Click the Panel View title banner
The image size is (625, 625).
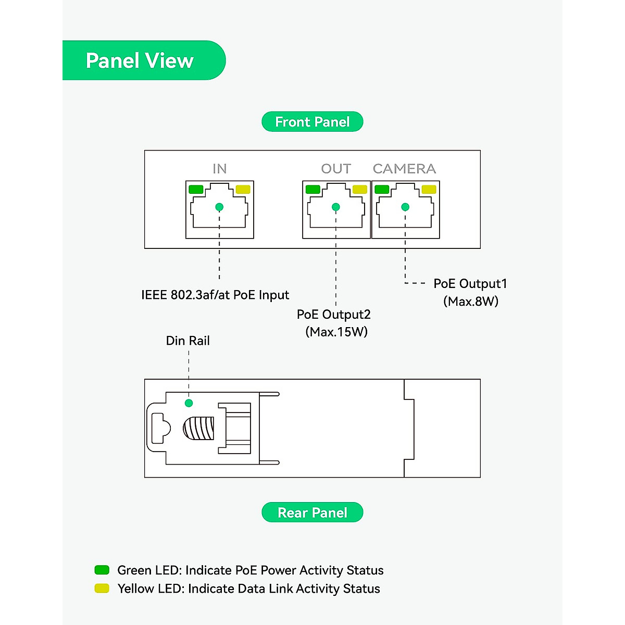pyautogui.click(x=140, y=60)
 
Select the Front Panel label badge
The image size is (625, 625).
pyautogui.click(x=312, y=122)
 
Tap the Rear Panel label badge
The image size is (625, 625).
pyautogui.click(x=312, y=512)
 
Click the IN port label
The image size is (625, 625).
pyautogui.click(x=219, y=169)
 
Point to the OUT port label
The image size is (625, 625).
pyautogui.click(x=336, y=169)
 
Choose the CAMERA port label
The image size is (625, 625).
pyautogui.click(x=404, y=169)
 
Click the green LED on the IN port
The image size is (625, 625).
pyautogui.click(x=196, y=190)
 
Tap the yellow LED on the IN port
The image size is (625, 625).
pyautogui.click(x=243, y=190)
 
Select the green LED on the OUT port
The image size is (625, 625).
pyautogui.click(x=312, y=190)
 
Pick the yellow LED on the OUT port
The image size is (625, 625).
pyautogui.click(x=359, y=190)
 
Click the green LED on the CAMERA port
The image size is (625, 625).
pyautogui.click(x=382, y=190)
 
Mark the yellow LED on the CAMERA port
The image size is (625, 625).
pyautogui.click(x=429, y=190)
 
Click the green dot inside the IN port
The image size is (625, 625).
pyautogui.click(x=219, y=207)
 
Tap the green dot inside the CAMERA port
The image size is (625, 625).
pyautogui.click(x=405, y=207)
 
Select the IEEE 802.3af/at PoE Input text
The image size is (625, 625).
pyautogui.click(x=215, y=295)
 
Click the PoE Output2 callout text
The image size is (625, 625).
pyautogui.click(x=333, y=315)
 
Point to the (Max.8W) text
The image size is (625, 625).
pyautogui.click(x=471, y=302)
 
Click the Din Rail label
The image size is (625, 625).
pyautogui.click(x=187, y=341)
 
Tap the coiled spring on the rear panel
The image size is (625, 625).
pyautogui.click(x=198, y=428)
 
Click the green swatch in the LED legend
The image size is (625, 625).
pyautogui.click(x=102, y=570)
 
